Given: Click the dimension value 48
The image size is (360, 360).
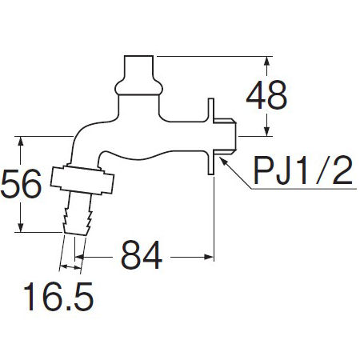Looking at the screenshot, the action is pos(266,95).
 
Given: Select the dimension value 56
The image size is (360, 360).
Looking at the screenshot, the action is pos(22,184).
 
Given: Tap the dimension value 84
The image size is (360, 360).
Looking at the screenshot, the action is pos(142,255).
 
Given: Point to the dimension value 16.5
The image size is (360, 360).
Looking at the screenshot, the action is pos(58,297).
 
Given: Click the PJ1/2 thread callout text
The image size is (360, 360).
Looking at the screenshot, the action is pos(303,170).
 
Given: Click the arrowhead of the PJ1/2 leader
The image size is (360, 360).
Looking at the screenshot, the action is pos(222,161).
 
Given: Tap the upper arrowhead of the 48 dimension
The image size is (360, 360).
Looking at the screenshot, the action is pos(266,62).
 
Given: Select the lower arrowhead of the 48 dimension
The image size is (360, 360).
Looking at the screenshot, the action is pos(266,131).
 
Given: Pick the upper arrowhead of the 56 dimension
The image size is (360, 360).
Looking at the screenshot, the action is pos(21,141).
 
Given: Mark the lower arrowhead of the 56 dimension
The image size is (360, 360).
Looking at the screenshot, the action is pos(21,227).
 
